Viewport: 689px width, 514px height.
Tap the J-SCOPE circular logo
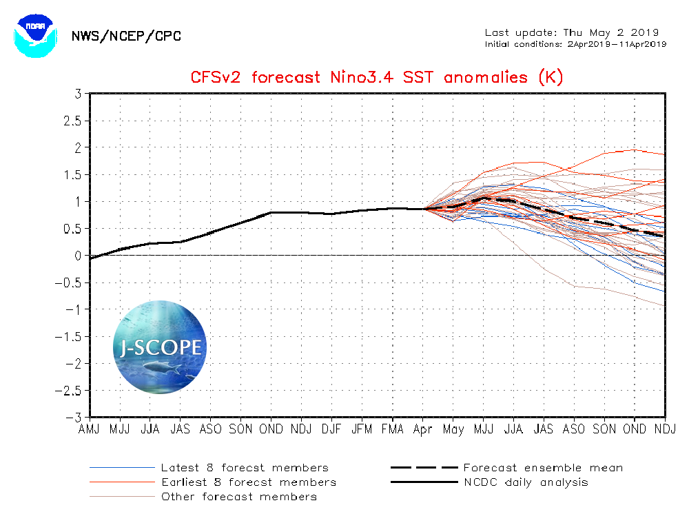click(160, 347)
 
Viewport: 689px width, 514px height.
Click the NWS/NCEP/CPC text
click(126, 36)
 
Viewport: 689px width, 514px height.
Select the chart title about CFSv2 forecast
click(376, 76)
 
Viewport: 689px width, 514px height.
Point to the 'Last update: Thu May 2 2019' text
click(572, 32)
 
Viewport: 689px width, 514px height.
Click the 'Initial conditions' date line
click(575, 44)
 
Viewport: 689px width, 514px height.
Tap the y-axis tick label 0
click(76, 256)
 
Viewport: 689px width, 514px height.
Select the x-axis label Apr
click(422, 429)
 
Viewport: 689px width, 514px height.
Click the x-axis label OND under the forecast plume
click(635, 429)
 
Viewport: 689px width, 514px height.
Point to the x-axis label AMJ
click(90, 429)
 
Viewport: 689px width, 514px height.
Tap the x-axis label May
click(453, 429)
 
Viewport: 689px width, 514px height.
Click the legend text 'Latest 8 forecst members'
click(245, 468)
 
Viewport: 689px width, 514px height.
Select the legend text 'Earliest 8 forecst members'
click(248, 482)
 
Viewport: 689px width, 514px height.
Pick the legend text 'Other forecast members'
click(238, 496)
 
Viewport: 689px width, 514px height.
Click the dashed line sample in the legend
click(423, 468)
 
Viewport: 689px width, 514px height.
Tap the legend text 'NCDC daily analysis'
click(526, 482)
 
